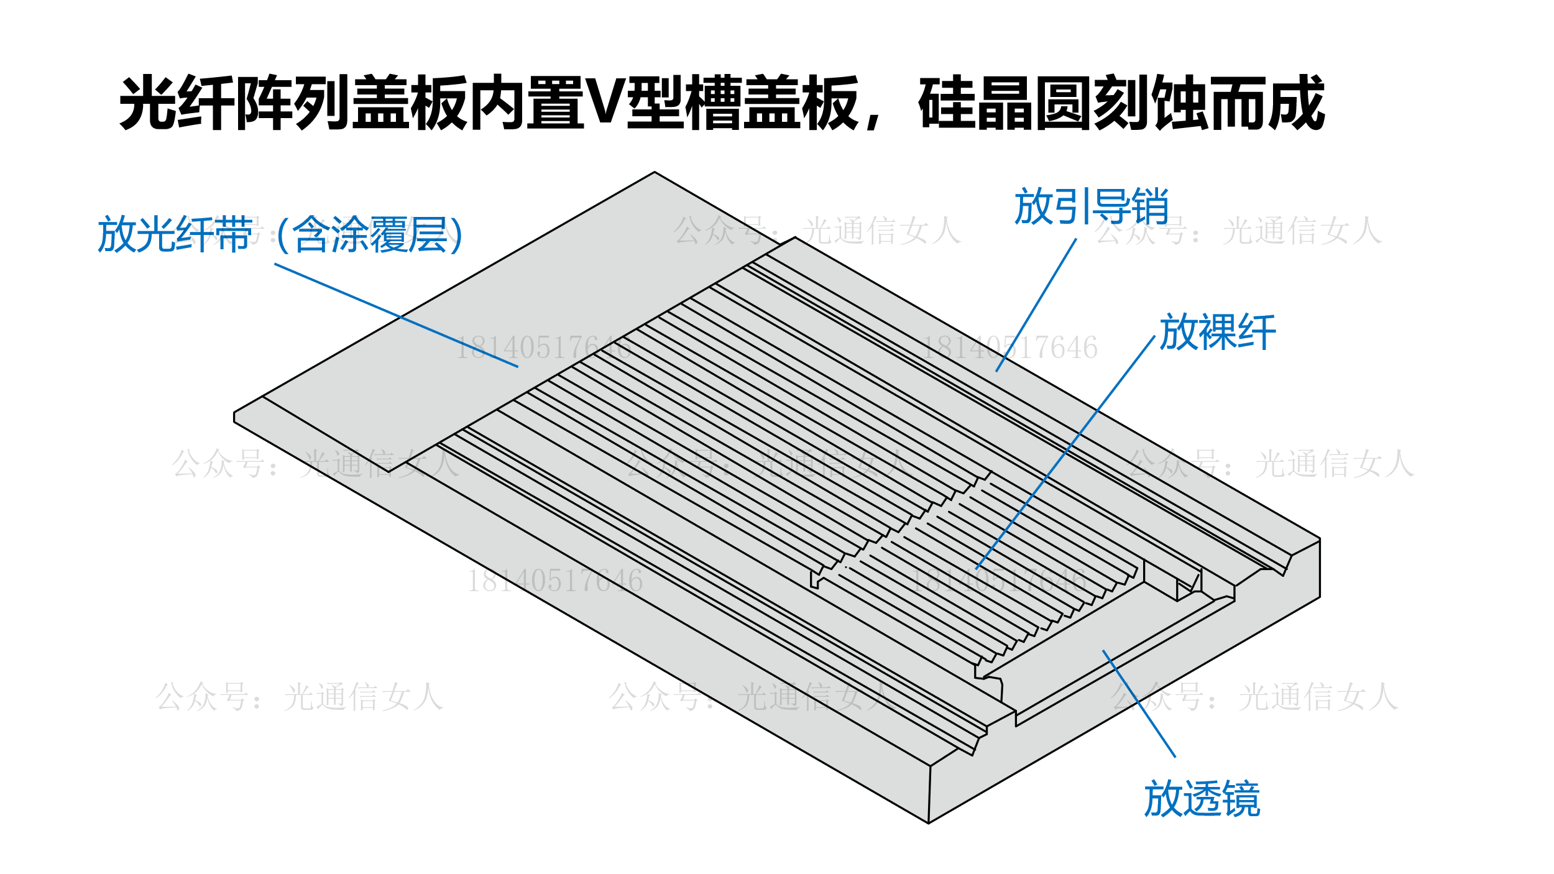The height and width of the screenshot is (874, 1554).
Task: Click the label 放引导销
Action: coord(1091,206)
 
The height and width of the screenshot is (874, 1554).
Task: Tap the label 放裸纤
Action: coord(1217,332)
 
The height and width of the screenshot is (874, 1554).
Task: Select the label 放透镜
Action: coord(1202,799)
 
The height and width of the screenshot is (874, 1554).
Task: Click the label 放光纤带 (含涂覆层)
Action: coord(280,234)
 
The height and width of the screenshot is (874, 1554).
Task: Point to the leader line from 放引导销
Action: coord(1036,305)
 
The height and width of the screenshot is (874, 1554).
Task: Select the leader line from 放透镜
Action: coord(1139,703)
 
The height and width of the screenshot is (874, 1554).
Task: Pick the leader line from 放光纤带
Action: coord(396,315)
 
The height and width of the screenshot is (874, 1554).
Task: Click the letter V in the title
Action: coord(605,103)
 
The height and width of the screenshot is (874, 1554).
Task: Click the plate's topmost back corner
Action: coord(655,172)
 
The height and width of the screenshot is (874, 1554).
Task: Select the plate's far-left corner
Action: coord(234,416)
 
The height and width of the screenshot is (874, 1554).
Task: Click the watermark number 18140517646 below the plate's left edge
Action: coord(554,581)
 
